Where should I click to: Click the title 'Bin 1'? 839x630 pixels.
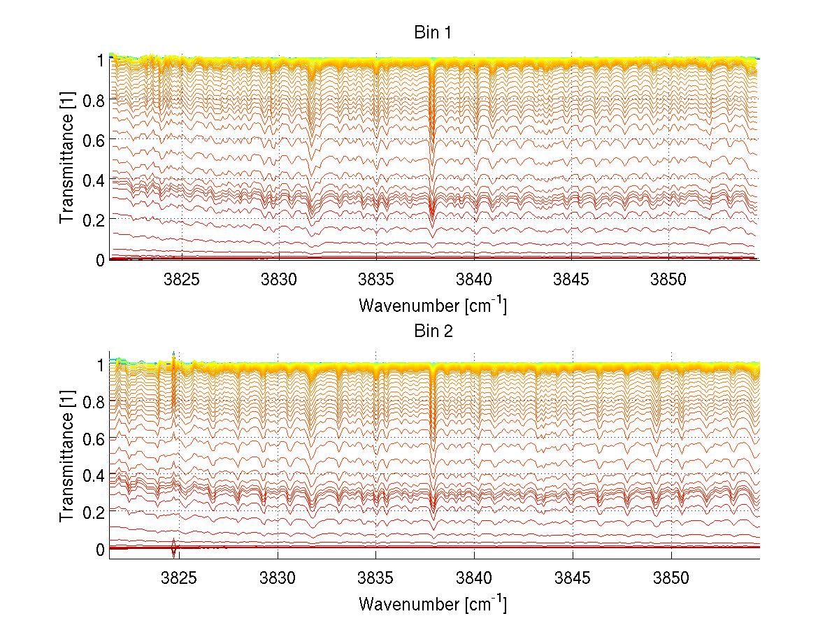(433, 33)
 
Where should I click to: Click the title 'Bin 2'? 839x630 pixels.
(433, 331)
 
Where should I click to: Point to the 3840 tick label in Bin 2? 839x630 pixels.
(474, 579)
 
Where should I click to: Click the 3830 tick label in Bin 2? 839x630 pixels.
(278, 579)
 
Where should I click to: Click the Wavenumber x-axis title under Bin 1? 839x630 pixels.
(433, 305)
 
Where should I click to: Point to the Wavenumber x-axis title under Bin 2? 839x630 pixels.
(433, 603)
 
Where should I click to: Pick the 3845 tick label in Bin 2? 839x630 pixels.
(573, 579)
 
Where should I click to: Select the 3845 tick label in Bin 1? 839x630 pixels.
(571, 279)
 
